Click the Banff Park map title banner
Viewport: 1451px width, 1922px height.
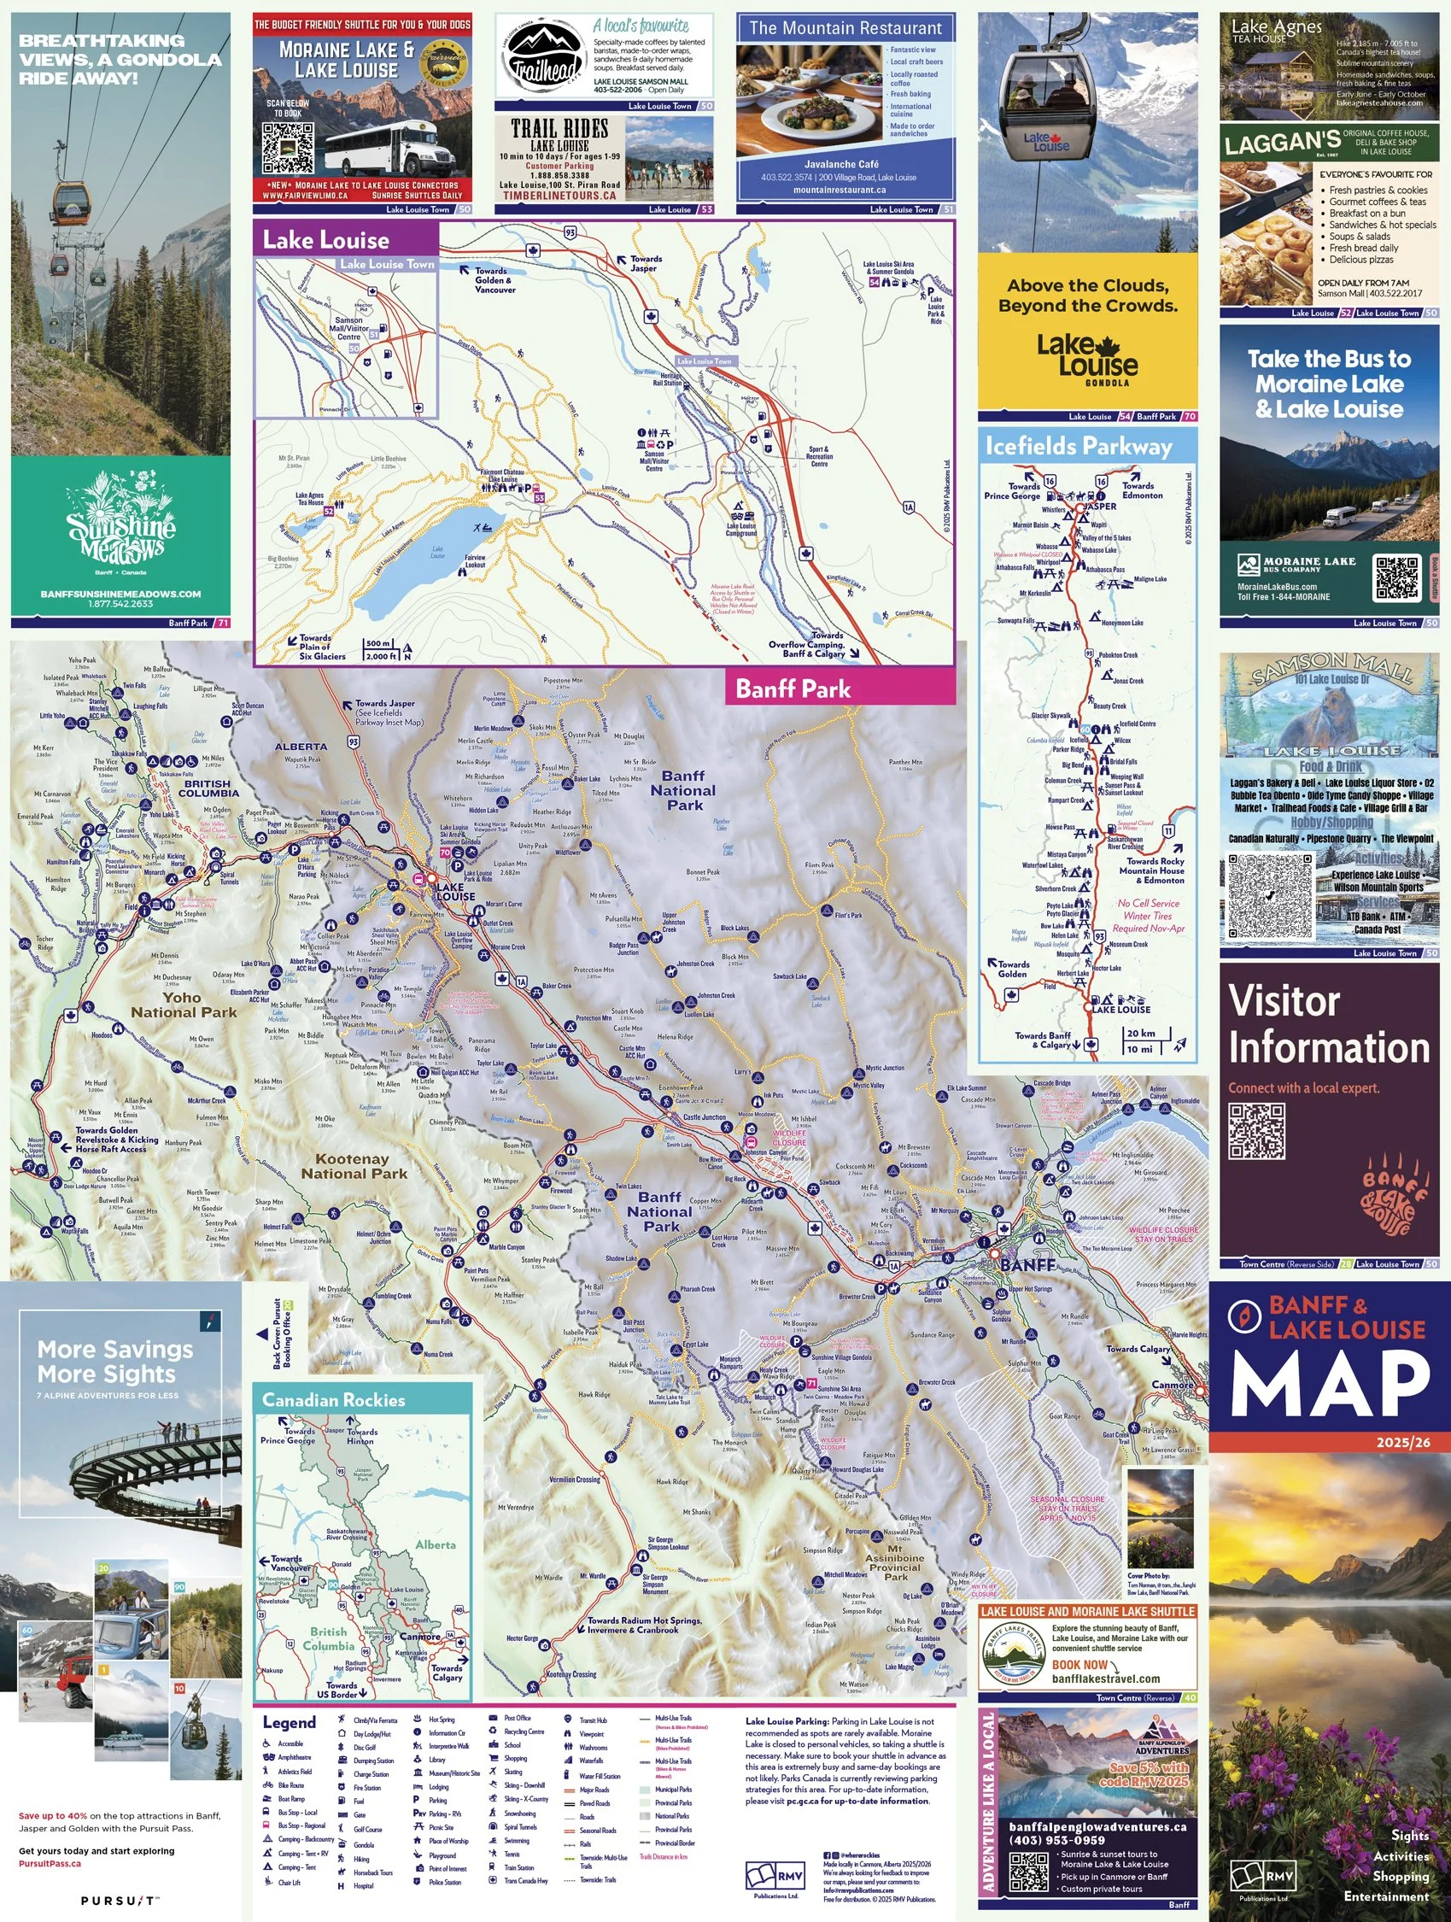click(x=793, y=689)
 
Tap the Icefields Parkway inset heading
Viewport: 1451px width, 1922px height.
click(x=1079, y=446)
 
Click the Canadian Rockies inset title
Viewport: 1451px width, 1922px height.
click(x=334, y=1400)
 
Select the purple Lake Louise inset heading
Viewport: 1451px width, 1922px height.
click(x=326, y=240)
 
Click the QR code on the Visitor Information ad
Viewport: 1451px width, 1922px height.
click(x=1256, y=1131)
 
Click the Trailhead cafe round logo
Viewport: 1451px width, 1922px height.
click(x=544, y=56)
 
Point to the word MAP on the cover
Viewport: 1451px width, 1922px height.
click(x=1330, y=1387)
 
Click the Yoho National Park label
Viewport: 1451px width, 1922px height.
click(x=184, y=1005)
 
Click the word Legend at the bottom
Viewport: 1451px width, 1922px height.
click(x=290, y=1722)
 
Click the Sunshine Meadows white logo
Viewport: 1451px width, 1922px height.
click(x=120, y=523)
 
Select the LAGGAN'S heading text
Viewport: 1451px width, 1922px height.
click(x=1283, y=143)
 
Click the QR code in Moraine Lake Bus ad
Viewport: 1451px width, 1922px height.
click(x=1396, y=577)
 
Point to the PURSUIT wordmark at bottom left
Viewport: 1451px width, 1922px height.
click(x=120, y=1901)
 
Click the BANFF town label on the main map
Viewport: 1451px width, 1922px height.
click(x=1028, y=1265)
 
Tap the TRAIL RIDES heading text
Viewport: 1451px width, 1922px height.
click(x=559, y=130)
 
